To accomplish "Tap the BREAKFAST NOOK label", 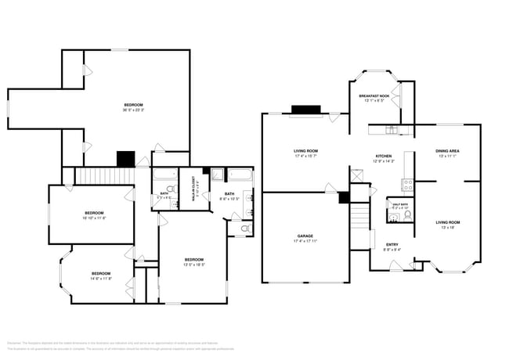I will click(x=373, y=95).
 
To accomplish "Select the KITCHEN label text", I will click(x=383, y=156).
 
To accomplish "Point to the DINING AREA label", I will click(x=447, y=150).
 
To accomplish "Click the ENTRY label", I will click(x=392, y=244).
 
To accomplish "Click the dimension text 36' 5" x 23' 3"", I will click(x=133, y=110).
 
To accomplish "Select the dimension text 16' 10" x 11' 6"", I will click(x=94, y=218).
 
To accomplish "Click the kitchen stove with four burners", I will click(x=407, y=185).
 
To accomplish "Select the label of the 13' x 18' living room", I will click(x=447, y=222).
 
